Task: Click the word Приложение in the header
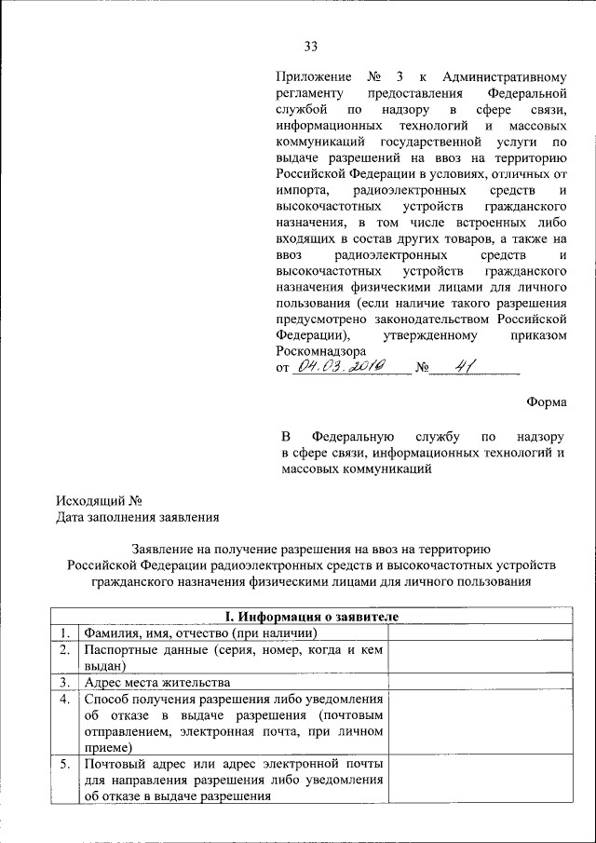pyautogui.click(x=314, y=77)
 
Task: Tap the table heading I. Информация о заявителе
pyautogui.click(x=313, y=617)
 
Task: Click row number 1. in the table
pyautogui.click(x=64, y=633)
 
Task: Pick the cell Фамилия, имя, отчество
pyautogui.click(x=194, y=633)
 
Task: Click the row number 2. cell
pyautogui.click(x=64, y=650)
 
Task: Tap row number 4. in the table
pyautogui.click(x=64, y=699)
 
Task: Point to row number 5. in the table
pyautogui.click(x=64, y=764)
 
